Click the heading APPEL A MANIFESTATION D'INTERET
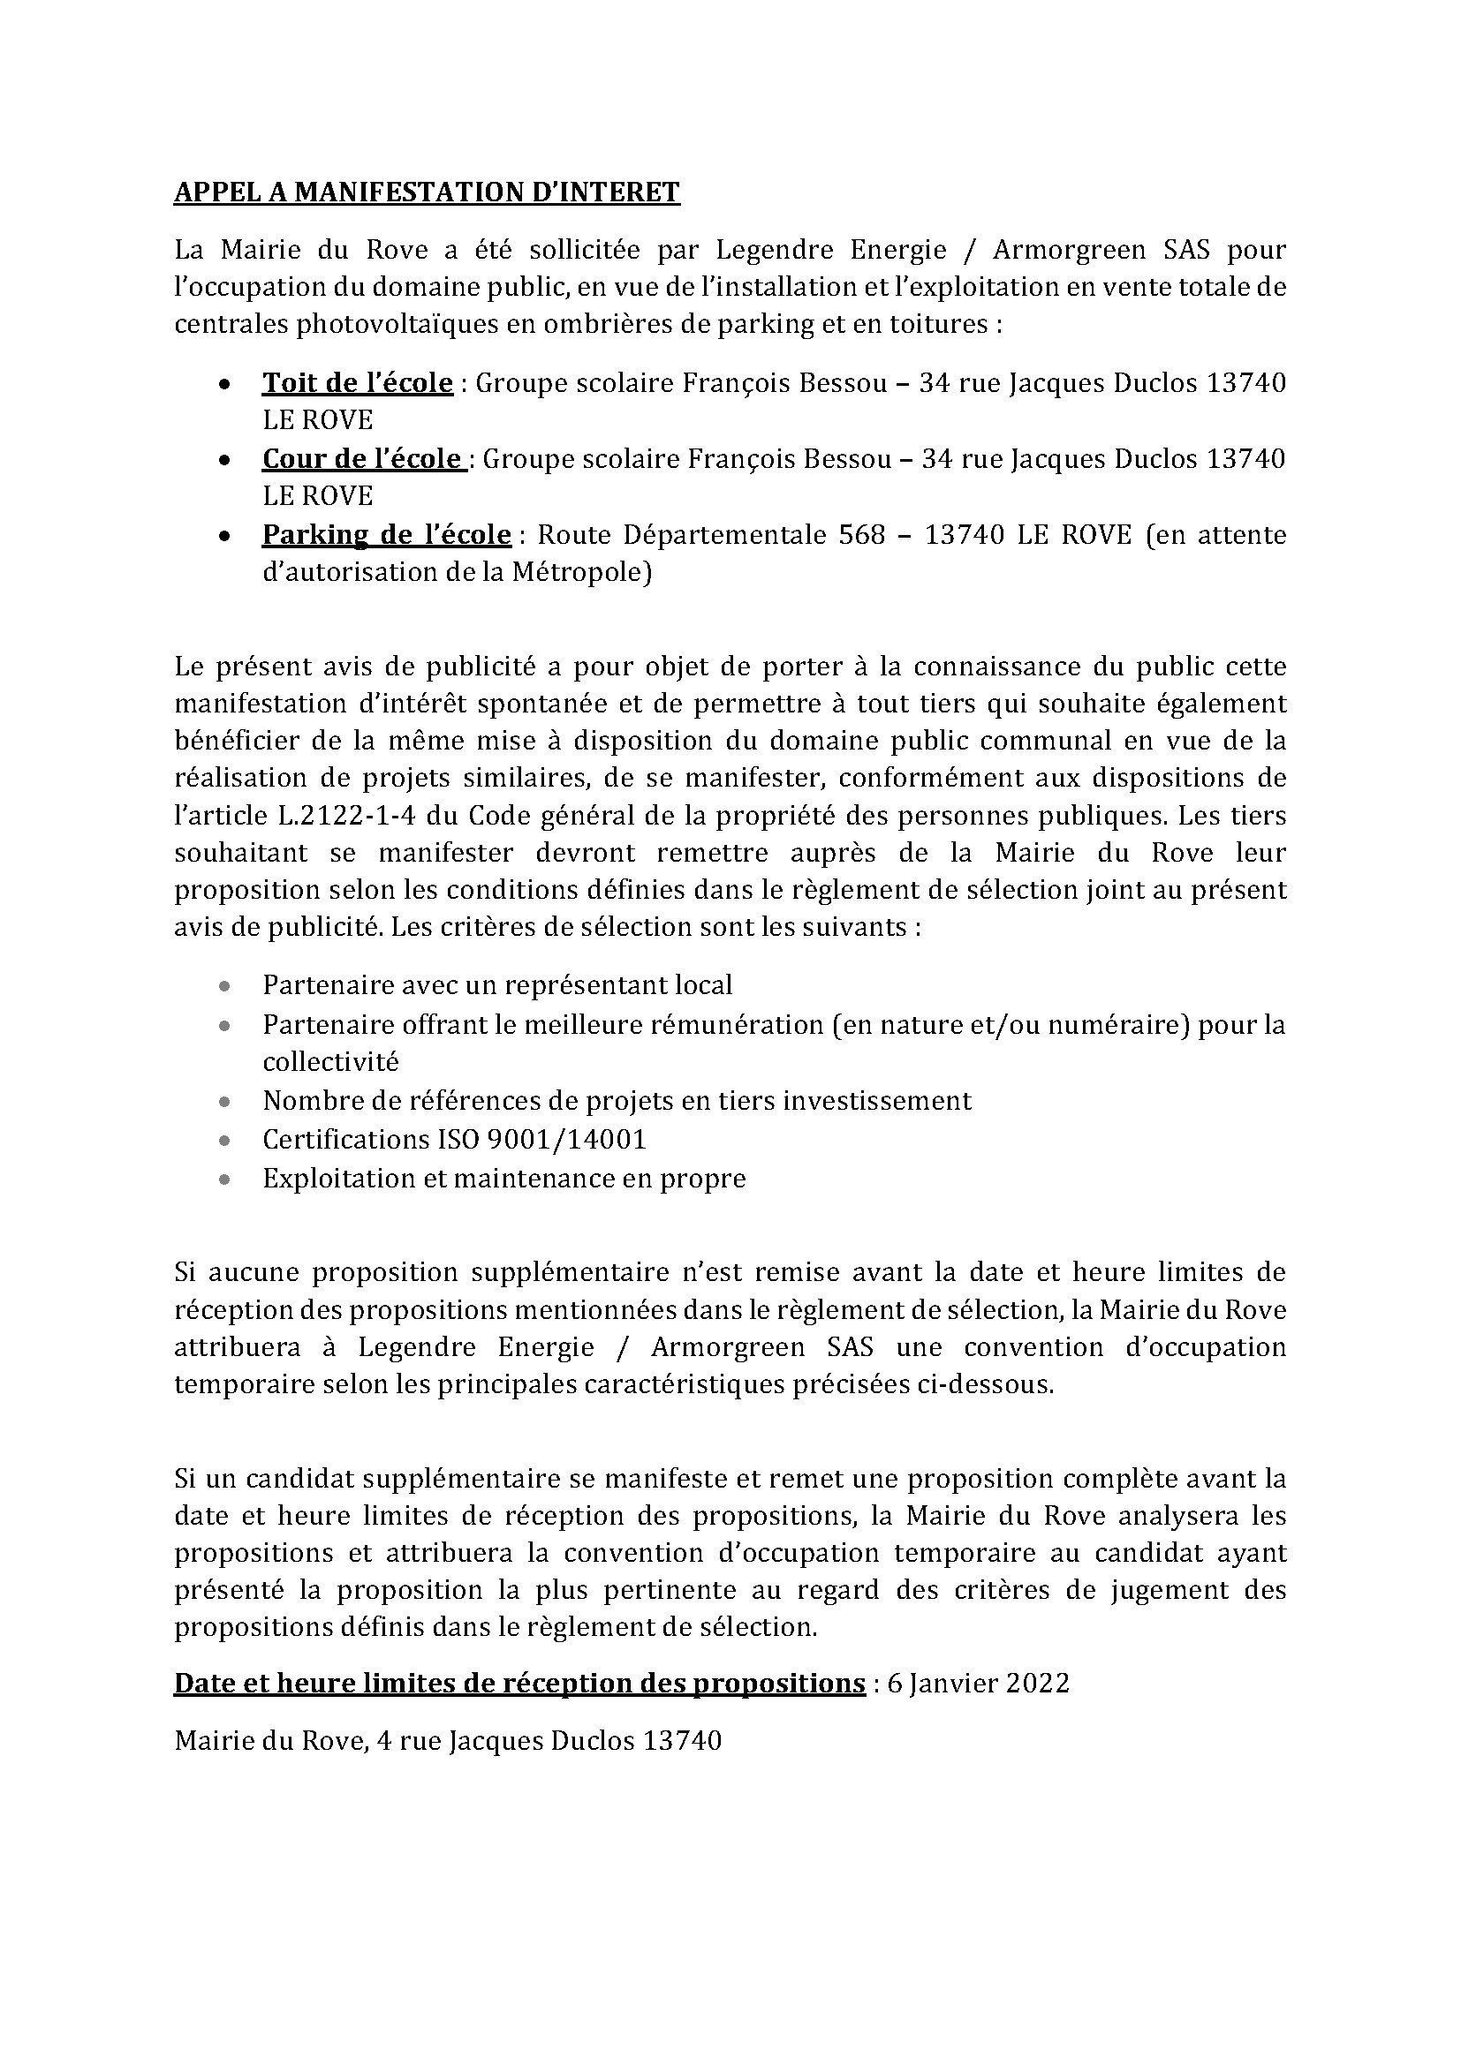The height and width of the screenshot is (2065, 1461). tap(427, 192)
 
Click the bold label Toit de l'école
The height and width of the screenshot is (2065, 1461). tap(357, 383)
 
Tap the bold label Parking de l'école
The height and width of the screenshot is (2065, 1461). tap(387, 534)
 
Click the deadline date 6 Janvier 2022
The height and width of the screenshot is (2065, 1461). tap(978, 1683)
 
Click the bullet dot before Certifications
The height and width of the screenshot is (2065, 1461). tap(224, 1141)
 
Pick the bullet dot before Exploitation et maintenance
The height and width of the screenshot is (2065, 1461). tap(224, 1179)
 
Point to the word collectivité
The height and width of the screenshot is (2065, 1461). tap(330, 1062)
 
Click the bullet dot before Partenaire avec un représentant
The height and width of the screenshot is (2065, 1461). tap(224, 986)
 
